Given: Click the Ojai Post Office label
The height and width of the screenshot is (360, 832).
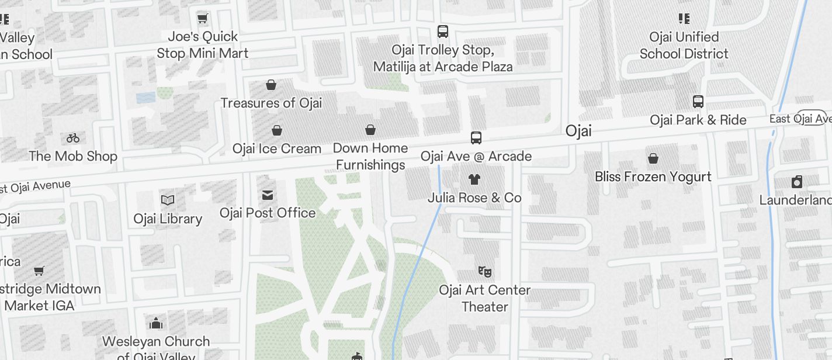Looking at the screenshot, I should [x=268, y=213].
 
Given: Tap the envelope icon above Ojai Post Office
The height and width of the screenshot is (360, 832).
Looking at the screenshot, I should [x=268, y=195].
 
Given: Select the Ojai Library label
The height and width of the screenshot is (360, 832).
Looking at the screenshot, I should [x=168, y=219].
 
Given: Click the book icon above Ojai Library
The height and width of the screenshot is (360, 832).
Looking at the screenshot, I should [x=168, y=200].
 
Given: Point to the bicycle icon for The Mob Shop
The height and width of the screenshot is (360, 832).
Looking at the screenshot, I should [x=73, y=138].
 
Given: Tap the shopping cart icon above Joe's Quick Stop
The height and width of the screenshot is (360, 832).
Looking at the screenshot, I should [x=203, y=19].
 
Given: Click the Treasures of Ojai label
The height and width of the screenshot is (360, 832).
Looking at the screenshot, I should [x=271, y=103].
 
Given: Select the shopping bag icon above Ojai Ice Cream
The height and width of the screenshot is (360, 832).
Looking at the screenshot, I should [x=277, y=130].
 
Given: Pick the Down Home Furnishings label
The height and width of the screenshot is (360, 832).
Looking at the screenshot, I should [x=370, y=156].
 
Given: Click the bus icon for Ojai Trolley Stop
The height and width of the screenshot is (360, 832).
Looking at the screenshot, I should [x=443, y=32].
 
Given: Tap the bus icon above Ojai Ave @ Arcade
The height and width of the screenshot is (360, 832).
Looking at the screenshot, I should [x=476, y=138].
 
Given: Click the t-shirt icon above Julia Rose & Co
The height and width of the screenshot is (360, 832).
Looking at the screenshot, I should [x=474, y=179].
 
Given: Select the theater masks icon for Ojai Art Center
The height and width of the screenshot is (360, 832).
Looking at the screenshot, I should [x=484, y=271].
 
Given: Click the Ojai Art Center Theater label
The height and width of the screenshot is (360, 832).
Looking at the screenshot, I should [x=484, y=298].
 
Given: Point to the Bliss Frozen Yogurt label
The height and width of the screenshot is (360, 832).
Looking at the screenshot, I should [x=653, y=176].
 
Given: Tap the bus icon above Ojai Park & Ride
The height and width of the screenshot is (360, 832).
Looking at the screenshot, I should [x=698, y=102].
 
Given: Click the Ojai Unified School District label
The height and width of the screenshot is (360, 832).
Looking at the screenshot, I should [x=684, y=46].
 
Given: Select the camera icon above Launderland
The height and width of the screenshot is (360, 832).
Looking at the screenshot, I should [x=797, y=182].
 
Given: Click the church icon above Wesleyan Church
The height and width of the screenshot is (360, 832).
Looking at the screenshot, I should [x=156, y=323].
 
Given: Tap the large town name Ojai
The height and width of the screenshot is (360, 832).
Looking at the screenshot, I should [x=578, y=131].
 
